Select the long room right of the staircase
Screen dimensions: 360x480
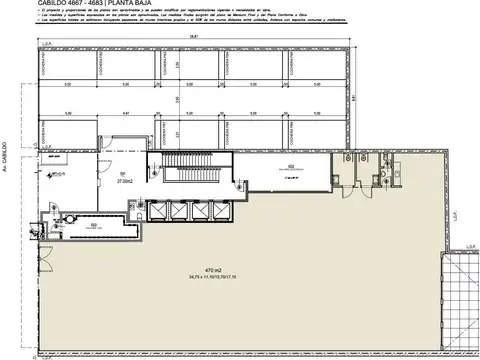[x=290, y=170]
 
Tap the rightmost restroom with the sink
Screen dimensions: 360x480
[x=392, y=170]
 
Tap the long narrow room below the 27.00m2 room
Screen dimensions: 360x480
[x=95, y=226]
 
